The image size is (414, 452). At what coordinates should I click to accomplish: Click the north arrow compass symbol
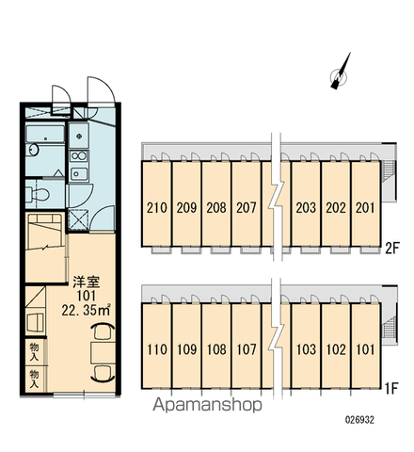[340, 74]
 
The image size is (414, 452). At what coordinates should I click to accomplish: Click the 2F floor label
[391, 249]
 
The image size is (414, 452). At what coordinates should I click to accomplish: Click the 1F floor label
[391, 389]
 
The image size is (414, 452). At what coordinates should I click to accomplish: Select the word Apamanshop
[207, 405]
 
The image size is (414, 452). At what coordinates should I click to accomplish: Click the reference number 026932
[359, 420]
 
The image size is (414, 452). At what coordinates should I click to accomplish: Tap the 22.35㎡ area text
[86, 310]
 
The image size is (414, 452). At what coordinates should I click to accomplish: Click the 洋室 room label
[87, 282]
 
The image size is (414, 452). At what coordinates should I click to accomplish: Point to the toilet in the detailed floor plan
[38, 195]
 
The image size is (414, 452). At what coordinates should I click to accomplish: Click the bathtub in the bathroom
[45, 134]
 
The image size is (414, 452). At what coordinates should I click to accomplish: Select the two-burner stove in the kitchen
[79, 155]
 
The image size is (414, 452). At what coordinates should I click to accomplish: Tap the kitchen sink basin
[79, 173]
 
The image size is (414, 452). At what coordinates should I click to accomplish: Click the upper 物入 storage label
[35, 351]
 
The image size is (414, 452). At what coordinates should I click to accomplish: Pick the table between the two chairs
[103, 353]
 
